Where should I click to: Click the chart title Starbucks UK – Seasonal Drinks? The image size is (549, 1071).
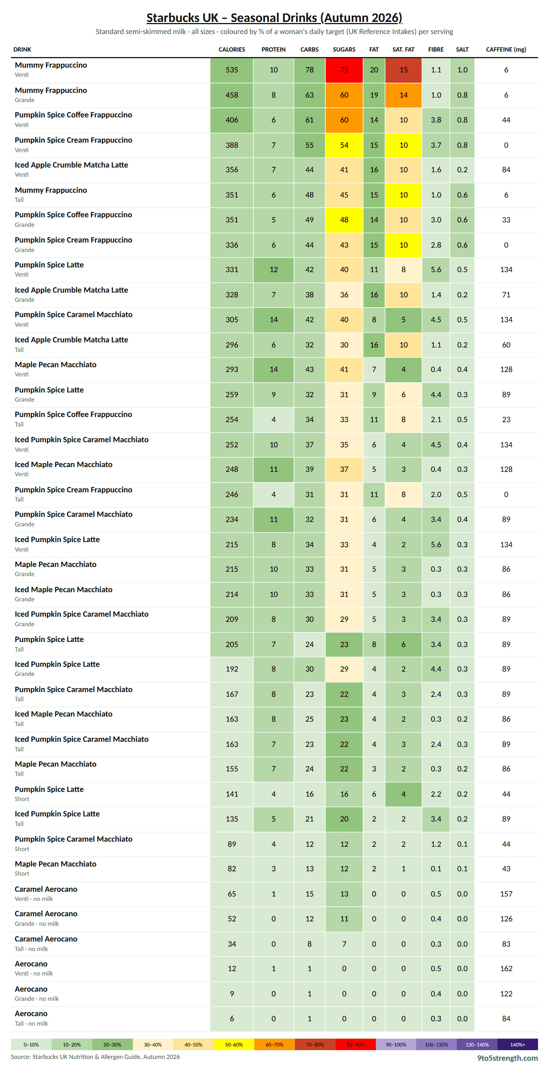(274, 18)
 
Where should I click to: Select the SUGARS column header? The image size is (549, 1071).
(344, 49)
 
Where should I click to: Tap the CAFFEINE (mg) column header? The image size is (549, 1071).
(506, 49)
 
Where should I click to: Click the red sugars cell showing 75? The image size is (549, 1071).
(344, 70)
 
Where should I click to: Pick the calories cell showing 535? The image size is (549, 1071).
(232, 70)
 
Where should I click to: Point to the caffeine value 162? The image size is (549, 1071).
(506, 968)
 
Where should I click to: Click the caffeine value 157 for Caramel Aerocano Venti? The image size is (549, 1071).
(506, 894)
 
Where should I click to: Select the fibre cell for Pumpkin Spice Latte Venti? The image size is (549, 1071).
(436, 270)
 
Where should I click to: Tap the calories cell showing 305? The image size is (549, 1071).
(232, 320)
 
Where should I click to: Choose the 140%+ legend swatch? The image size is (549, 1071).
(518, 1044)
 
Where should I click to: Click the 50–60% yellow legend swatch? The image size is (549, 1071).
(234, 1044)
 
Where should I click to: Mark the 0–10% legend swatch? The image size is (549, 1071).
(31, 1044)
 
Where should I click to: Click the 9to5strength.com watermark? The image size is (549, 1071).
(507, 1058)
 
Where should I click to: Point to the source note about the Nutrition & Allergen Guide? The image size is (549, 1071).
(95, 1057)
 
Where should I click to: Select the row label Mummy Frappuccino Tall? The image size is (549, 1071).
(51, 195)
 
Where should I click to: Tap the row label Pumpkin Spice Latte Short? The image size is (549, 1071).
(49, 794)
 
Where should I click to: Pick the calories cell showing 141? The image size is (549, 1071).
(232, 794)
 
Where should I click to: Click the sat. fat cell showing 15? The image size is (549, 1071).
(403, 70)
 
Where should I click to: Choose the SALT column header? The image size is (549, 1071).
(462, 49)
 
